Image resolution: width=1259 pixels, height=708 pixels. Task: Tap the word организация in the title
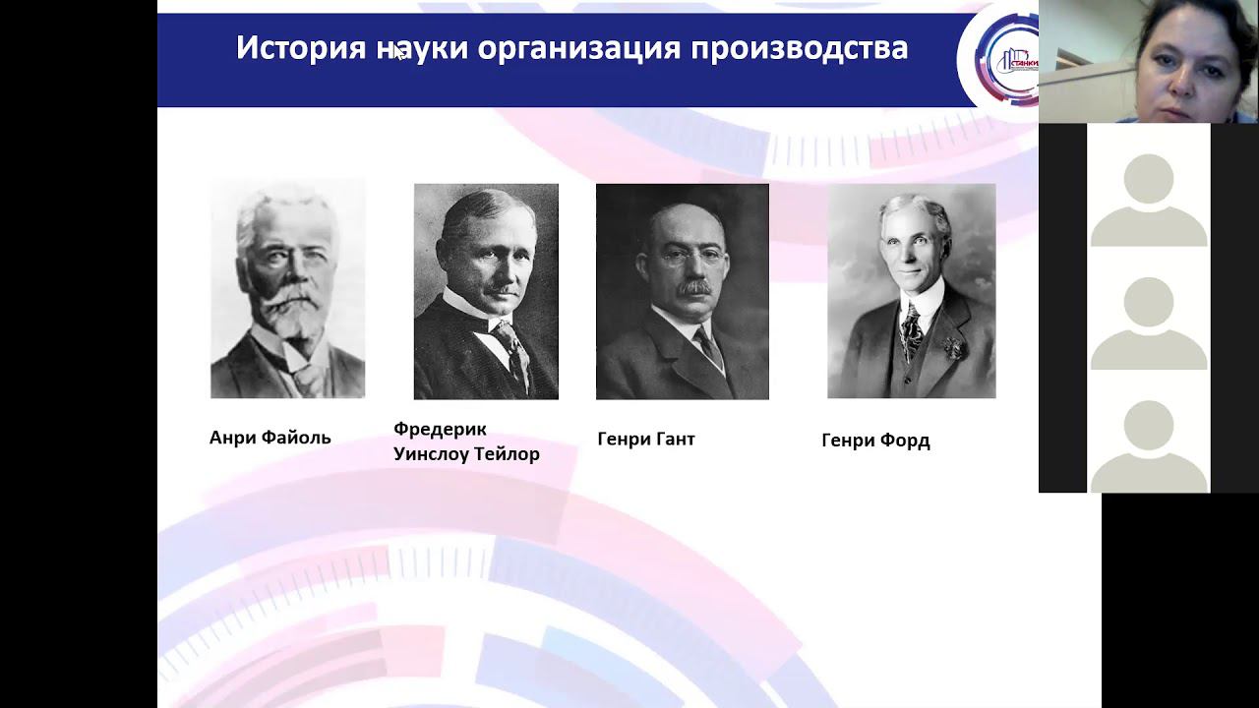[x=578, y=48]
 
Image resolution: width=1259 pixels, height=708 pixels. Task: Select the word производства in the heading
[x=799, y=48]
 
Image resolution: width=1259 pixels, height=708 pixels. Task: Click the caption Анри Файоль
[x=270, y=438]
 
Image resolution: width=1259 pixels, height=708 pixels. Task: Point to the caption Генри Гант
[x=646, y=439]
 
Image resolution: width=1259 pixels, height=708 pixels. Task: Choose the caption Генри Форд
[x=875, y=441]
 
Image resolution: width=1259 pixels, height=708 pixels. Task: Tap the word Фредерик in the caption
[x=440, y=430]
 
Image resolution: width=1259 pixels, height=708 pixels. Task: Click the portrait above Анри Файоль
[x=287, y=289]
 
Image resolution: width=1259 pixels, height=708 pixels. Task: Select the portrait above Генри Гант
[x=682, y=291]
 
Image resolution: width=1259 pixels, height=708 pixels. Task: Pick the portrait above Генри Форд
[x=911, y=291]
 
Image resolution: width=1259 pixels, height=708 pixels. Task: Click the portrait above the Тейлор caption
[x=486, y=291]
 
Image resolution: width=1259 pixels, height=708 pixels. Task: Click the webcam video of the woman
[x=1148, y=61]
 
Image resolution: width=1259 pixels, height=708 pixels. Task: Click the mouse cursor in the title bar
[x=399, y=54]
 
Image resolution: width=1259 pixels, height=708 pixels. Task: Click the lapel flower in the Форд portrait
[x=951, y=348]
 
